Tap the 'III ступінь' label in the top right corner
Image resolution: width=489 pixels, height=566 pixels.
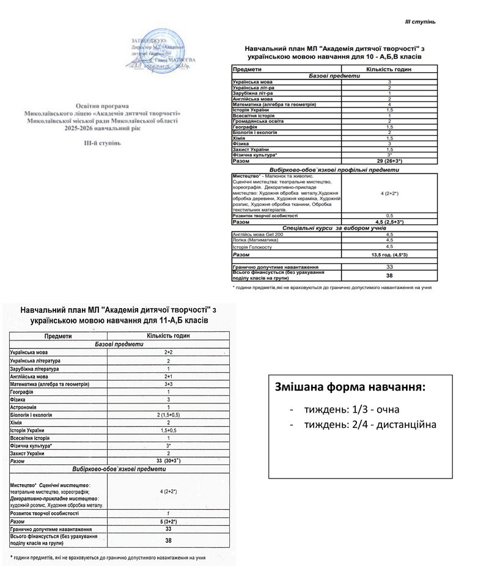420,22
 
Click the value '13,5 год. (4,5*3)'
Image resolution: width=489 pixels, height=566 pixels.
389,254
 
